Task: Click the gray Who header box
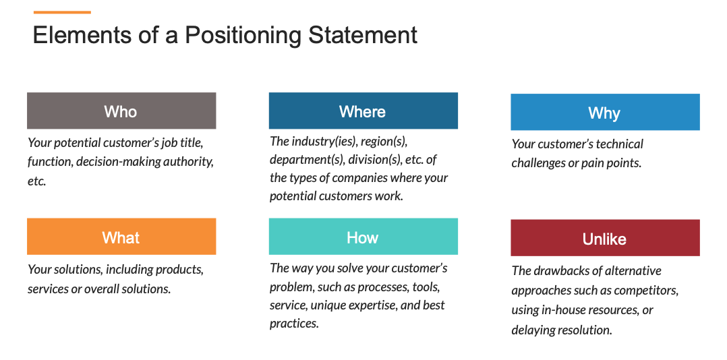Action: tap(121, 111)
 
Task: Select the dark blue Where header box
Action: tap(363, 111)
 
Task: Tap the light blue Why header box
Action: tap(604, 112)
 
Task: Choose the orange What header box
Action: tap(121, 237)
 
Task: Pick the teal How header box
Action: tap(363, 237)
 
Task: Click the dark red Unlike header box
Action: tap(604, 238)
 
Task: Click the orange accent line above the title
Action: tap(62, 12)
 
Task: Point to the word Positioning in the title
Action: tap(244, 35)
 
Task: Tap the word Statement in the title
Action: tap(363, 35)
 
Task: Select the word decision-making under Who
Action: tap(119, 162)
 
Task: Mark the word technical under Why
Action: tap(618, 144)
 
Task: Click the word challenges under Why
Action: tap(541, 163)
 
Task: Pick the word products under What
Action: tap(179, 270)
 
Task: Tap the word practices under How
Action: tap(293, 324)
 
